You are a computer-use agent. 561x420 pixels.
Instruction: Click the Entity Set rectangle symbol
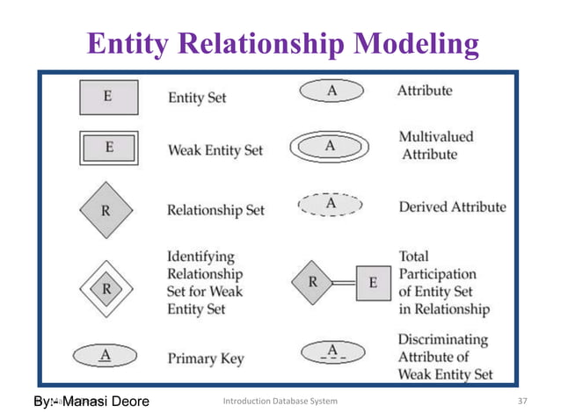click(107, 98)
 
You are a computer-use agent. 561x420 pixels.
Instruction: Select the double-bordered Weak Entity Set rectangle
click(107, 148)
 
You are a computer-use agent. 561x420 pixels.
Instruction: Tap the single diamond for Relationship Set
click(106, 210)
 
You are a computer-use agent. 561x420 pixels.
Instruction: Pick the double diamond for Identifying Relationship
click(106, 286)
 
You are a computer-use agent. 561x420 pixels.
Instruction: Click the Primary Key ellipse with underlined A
click(106, 356)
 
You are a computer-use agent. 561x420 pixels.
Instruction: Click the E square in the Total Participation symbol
click(373, 283)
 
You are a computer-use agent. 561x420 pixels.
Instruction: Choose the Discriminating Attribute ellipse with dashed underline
click(332, 352)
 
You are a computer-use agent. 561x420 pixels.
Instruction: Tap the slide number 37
click(525, 402)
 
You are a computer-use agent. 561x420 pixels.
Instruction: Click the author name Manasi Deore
click(106, 402)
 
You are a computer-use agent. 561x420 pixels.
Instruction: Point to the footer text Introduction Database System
click(280, 402)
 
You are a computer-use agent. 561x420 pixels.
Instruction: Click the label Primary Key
click(206, 358)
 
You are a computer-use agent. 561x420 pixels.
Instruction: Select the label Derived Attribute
click(452, 207)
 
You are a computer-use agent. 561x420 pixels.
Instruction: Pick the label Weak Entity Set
click(215, 150)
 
